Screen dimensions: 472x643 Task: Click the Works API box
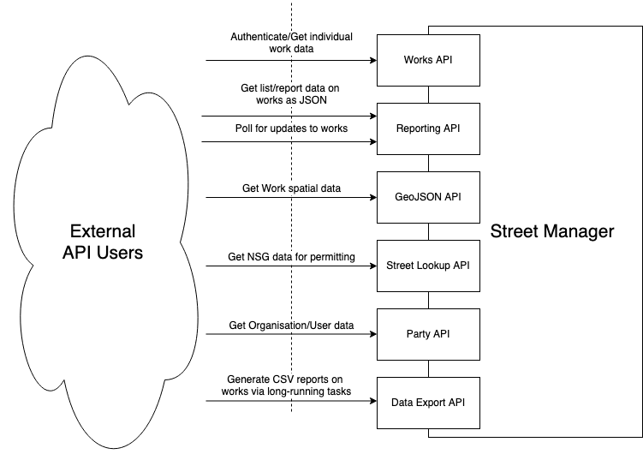coord(428,60)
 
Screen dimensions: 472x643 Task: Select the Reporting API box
coord(428,128)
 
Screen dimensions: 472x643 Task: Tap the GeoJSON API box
coord(428,197)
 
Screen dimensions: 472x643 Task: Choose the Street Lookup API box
coord(428,266)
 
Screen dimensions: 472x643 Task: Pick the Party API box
coord(428,334)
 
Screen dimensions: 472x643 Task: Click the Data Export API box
coord(428,403)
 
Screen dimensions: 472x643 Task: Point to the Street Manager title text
coord(551,231)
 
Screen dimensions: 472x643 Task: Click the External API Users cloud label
coord(103,242)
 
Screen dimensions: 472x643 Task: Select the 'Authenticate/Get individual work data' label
coord(292,44)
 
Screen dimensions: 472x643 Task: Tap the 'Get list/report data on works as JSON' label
coord(292,94)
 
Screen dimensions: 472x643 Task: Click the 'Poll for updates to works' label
coord(291,128)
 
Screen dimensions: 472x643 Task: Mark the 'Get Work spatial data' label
coord(291,188)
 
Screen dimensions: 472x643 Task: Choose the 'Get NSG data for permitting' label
coord(291,257)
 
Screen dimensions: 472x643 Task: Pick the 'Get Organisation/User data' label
coord(292,326)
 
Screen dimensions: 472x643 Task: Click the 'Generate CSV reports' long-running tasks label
coord(289,385)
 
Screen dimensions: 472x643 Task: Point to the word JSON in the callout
coord(327,101)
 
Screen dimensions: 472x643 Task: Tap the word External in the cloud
coord(103,231)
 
